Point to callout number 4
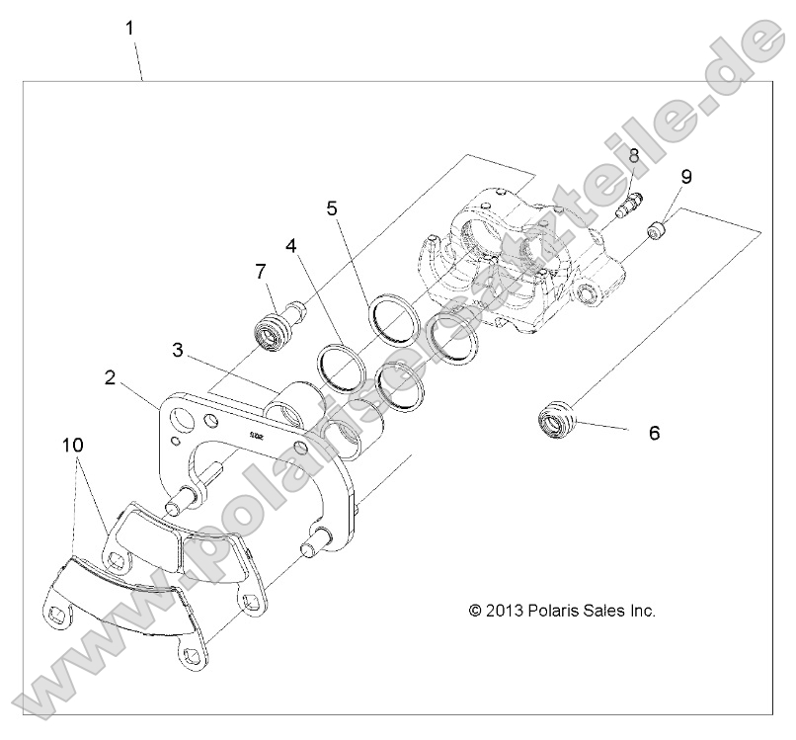coord(290,245)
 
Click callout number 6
coord(654,432)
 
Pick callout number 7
coord(261,270)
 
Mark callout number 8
coord(633,155)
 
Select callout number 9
coord(685,177)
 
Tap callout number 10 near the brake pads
coord(73,447)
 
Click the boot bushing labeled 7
coord(275,327)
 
